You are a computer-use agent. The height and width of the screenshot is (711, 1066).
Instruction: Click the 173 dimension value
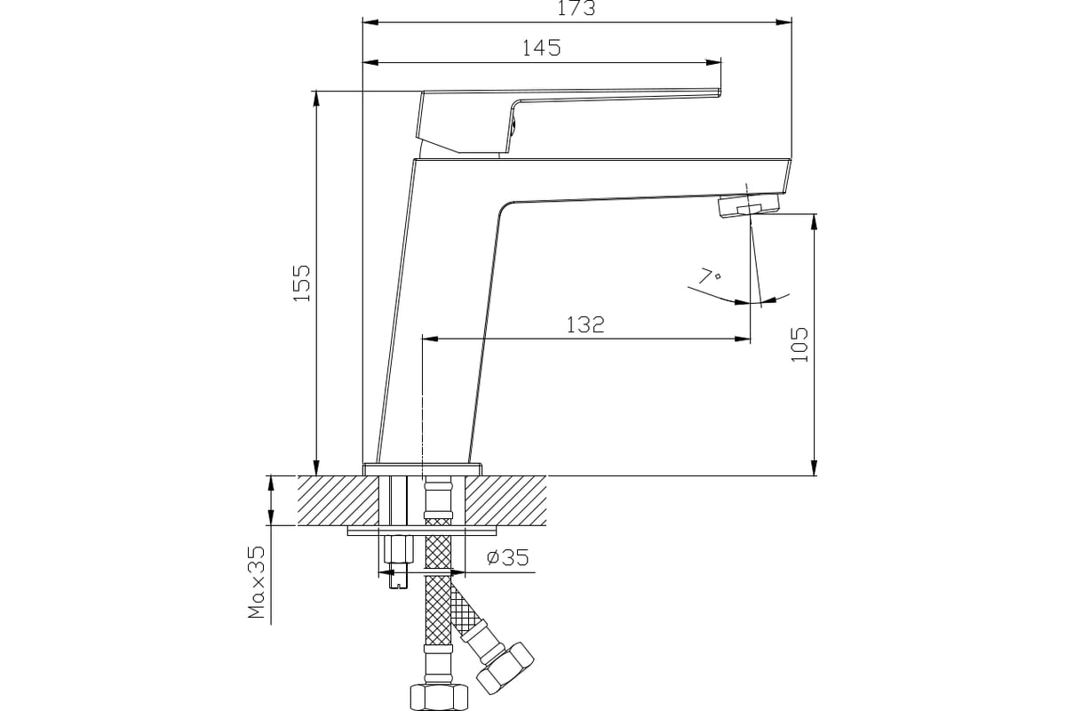click(x=576, y=8)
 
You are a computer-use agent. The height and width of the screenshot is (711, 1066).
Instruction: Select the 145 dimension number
click(x=542, y=48)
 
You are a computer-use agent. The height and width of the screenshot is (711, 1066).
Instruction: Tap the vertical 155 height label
click(x=302, y=283)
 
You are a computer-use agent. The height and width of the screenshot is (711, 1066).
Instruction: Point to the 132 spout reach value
click(x=585, y=324)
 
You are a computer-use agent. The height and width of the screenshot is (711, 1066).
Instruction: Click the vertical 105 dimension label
click(x=799, y=345)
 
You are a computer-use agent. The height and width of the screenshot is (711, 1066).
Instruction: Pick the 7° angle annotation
click(x=710, y=276)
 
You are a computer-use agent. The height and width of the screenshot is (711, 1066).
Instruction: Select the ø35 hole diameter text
click(x=508, y=557)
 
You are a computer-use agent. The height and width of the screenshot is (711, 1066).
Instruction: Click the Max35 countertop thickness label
click(x=256, y=582)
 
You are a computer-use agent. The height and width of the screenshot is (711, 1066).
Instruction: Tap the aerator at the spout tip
click(x=751, y=205)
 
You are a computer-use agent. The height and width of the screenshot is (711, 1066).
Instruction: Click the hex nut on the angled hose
click(x=505, y=668)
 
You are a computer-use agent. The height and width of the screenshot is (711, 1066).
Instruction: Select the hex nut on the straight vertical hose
click(x=439, y=698)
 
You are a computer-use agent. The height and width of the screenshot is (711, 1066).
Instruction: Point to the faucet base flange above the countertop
click(x=423, y=469)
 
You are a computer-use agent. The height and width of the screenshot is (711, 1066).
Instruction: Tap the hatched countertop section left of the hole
click(x=338, y=500)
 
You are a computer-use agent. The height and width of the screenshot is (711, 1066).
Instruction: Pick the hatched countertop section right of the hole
click(x=505, y=500)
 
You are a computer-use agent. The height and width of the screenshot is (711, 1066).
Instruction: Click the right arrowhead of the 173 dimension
click(x=784, y=22)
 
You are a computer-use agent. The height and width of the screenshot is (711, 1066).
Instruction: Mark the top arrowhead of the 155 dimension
click(x=316, y=99)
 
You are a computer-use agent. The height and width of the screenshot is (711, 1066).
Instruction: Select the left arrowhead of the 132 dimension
click(x=430, y=340)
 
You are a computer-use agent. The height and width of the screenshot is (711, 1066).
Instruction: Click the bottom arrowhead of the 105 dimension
click(x=815, y=467)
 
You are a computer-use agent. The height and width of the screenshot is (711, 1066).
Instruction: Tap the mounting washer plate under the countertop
click(x=423, y=531)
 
